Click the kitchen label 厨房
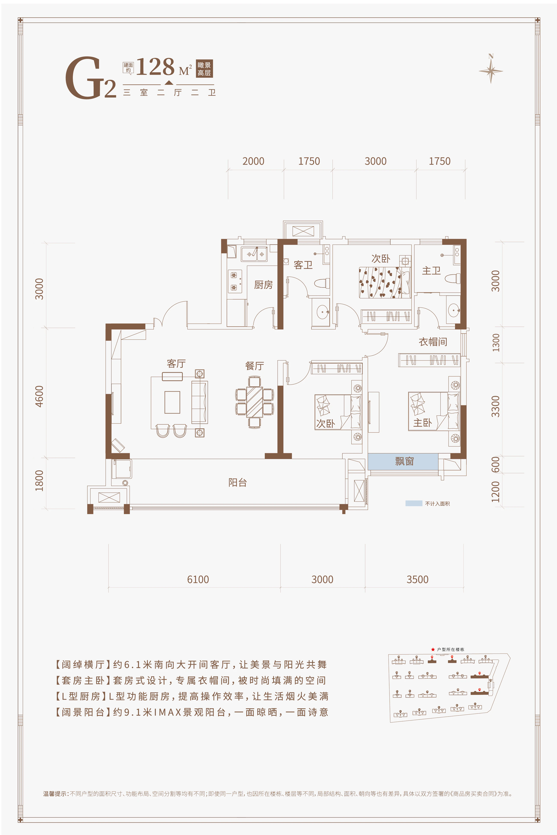point(263,285)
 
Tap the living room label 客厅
point(176,364)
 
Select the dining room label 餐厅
point(254,366)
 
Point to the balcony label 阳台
point(237,482)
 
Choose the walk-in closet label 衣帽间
point(433,342)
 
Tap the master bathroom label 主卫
point(431,271)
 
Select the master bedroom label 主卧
point(422,423)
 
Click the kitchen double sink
point(254,254)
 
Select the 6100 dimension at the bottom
point(198,579)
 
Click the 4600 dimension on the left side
point(39,396)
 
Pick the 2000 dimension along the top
point(253,161)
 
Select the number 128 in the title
point(156,67)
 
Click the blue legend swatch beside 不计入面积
point(414,503)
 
